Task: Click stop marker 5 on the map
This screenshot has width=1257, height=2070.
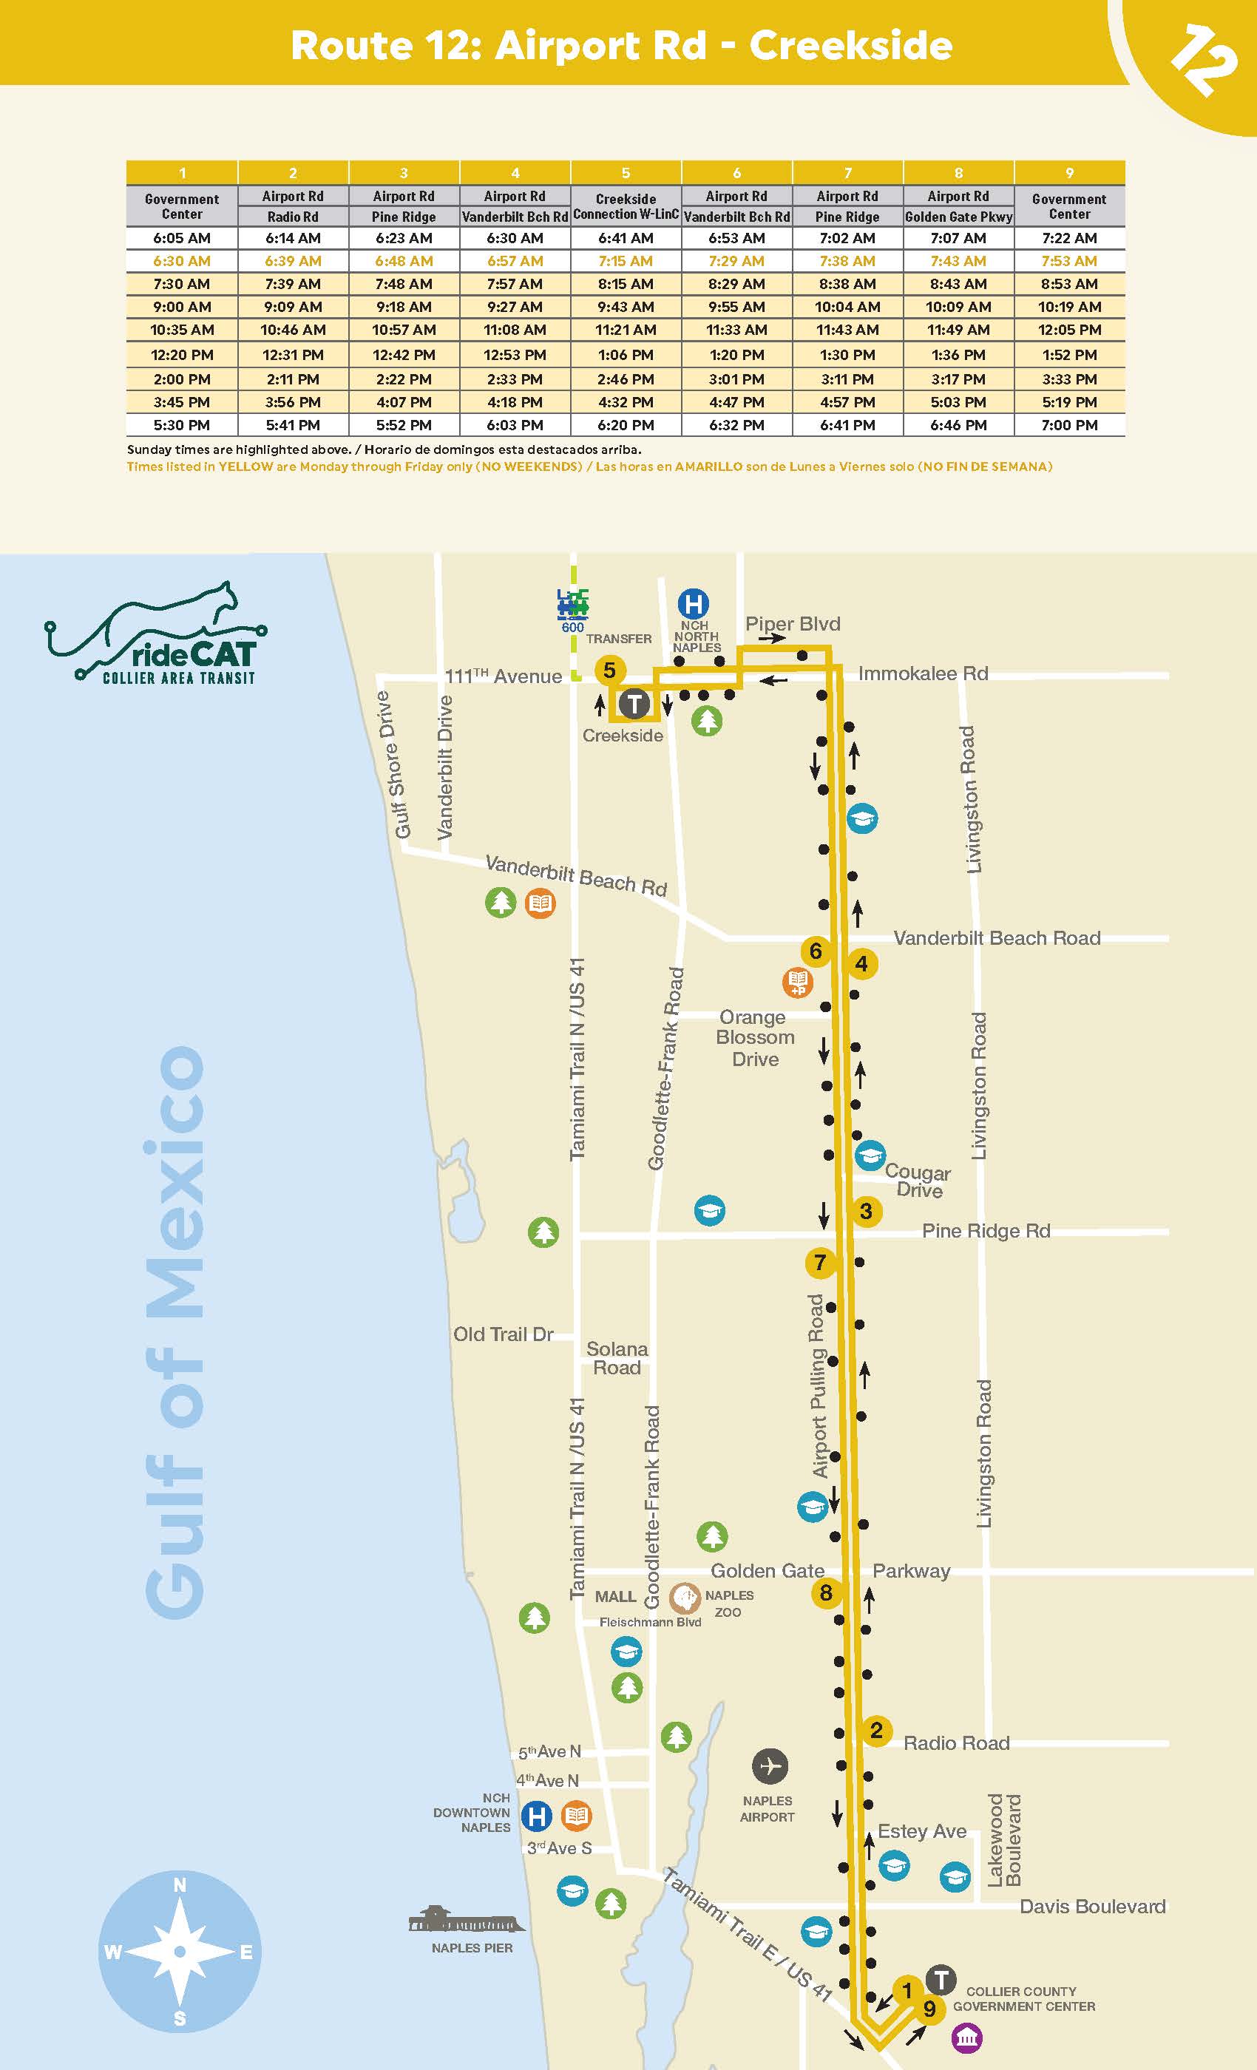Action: (609, 671)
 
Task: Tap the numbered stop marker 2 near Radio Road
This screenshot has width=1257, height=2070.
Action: (875, 1730)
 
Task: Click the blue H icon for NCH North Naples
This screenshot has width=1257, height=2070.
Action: (694, 603)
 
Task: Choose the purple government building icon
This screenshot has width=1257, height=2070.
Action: (966, 2037)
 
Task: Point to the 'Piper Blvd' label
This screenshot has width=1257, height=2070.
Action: (793, 623)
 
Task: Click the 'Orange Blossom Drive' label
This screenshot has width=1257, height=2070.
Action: (754, 1037)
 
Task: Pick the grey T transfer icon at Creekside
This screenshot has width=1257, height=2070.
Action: (634, 704)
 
